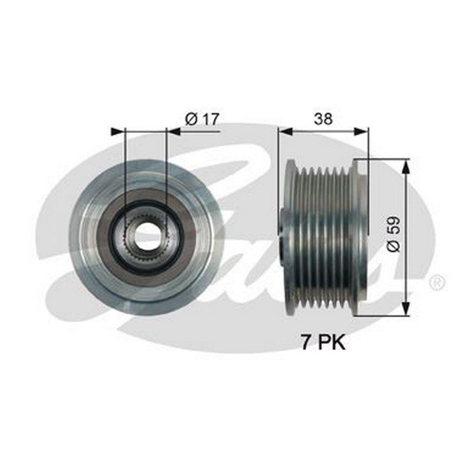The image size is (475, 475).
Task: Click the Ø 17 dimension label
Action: click(x=201, y=119)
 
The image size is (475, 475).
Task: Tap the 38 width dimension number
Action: click(x=323, y=119)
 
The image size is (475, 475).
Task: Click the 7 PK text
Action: click(x=323, y=343)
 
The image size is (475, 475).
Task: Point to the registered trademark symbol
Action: click(x=437, y=282)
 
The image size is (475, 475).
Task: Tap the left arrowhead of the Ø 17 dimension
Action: click(x=118, y=132)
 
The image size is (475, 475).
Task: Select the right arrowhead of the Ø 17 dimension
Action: click(x=173, y=132)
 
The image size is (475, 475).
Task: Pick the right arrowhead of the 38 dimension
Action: click(x=361, y=132)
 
